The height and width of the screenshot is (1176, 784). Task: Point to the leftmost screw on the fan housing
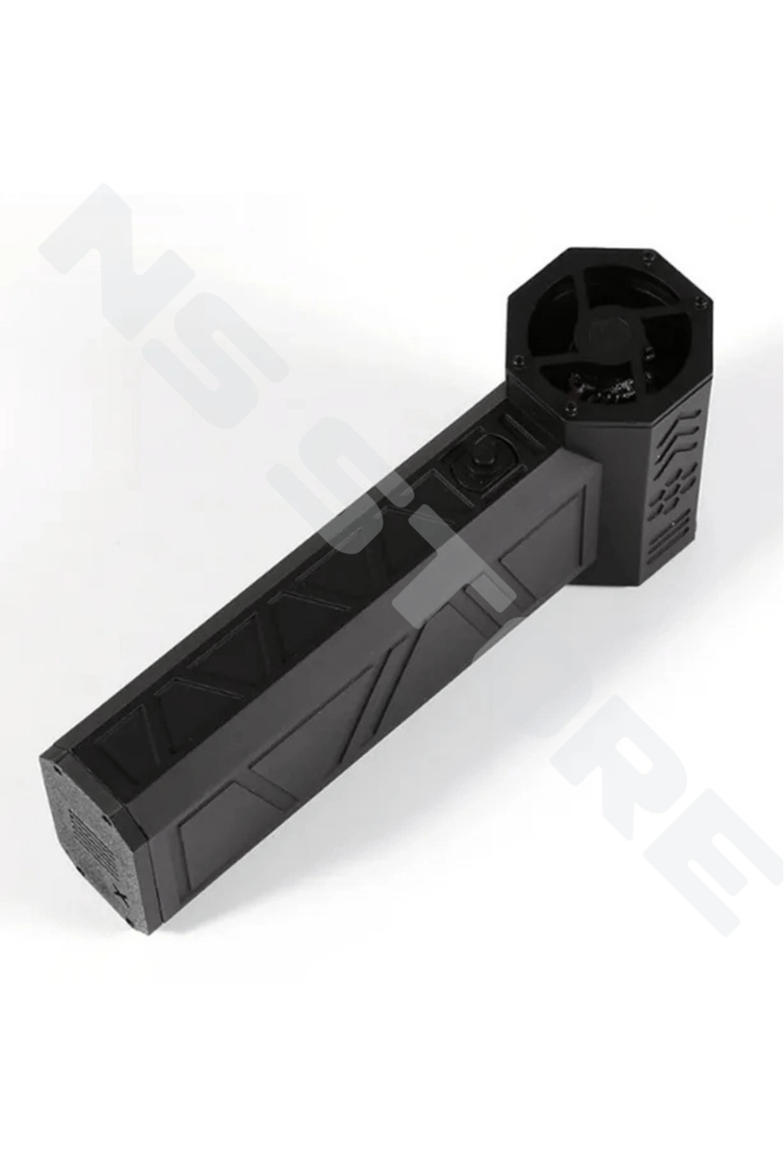point(519,359)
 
